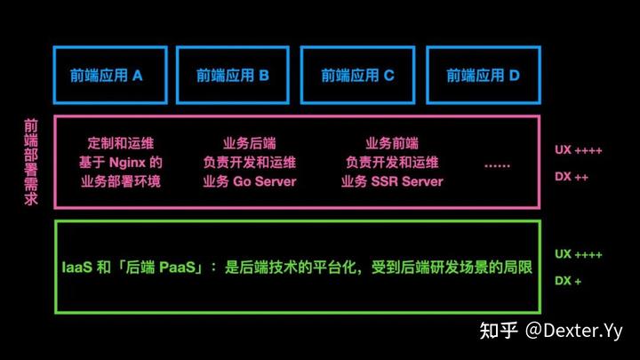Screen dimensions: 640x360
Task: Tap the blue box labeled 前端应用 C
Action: (x=357, y=75)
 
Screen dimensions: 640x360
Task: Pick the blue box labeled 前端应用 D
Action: (x=483, y=75)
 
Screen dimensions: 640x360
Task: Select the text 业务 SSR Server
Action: (x=392, y=182)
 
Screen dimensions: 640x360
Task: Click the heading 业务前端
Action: (x=392, y=142)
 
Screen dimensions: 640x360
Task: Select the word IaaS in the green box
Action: (x=76, y=267)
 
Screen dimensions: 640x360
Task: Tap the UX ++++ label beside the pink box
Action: (x=579, y=151)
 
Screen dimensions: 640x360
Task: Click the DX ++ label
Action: (x=571, y=177)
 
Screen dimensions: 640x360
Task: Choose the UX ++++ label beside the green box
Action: (x=579, y=254)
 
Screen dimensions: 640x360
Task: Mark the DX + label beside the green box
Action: (x=568, y=280)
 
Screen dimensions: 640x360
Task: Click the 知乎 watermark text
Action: (x=497, y=332)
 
